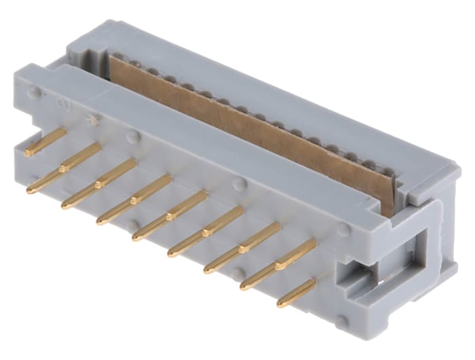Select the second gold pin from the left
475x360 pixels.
[64, 170]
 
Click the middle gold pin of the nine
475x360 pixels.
[170, 215]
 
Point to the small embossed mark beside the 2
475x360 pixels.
[92, 120]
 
